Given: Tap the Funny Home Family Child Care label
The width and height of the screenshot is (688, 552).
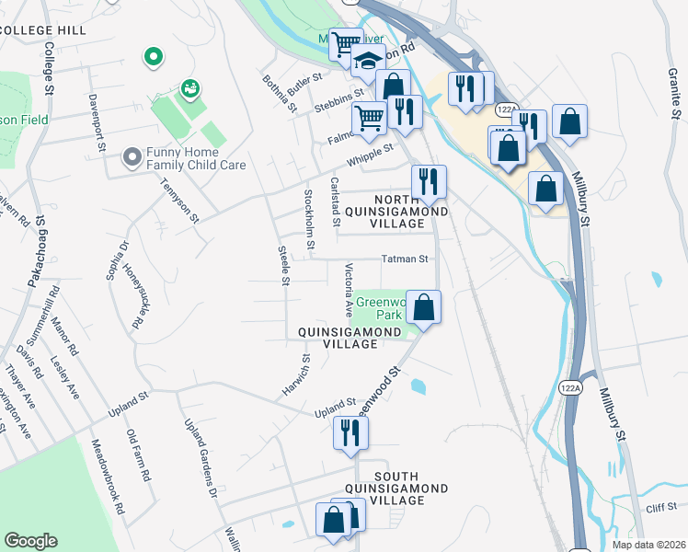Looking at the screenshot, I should pos(184,158).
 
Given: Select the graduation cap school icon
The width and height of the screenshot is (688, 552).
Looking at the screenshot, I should pos(369,62).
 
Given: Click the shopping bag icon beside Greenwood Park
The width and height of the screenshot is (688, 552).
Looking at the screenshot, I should pos(424,306).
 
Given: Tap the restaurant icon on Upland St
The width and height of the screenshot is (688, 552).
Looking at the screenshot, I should pos(349,431).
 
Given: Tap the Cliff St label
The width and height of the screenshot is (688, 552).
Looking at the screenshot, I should pos(660,505).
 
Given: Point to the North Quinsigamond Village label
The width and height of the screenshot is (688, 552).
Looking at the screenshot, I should pos(409,211).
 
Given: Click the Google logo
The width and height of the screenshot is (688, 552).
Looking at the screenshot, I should pos(30,541).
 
